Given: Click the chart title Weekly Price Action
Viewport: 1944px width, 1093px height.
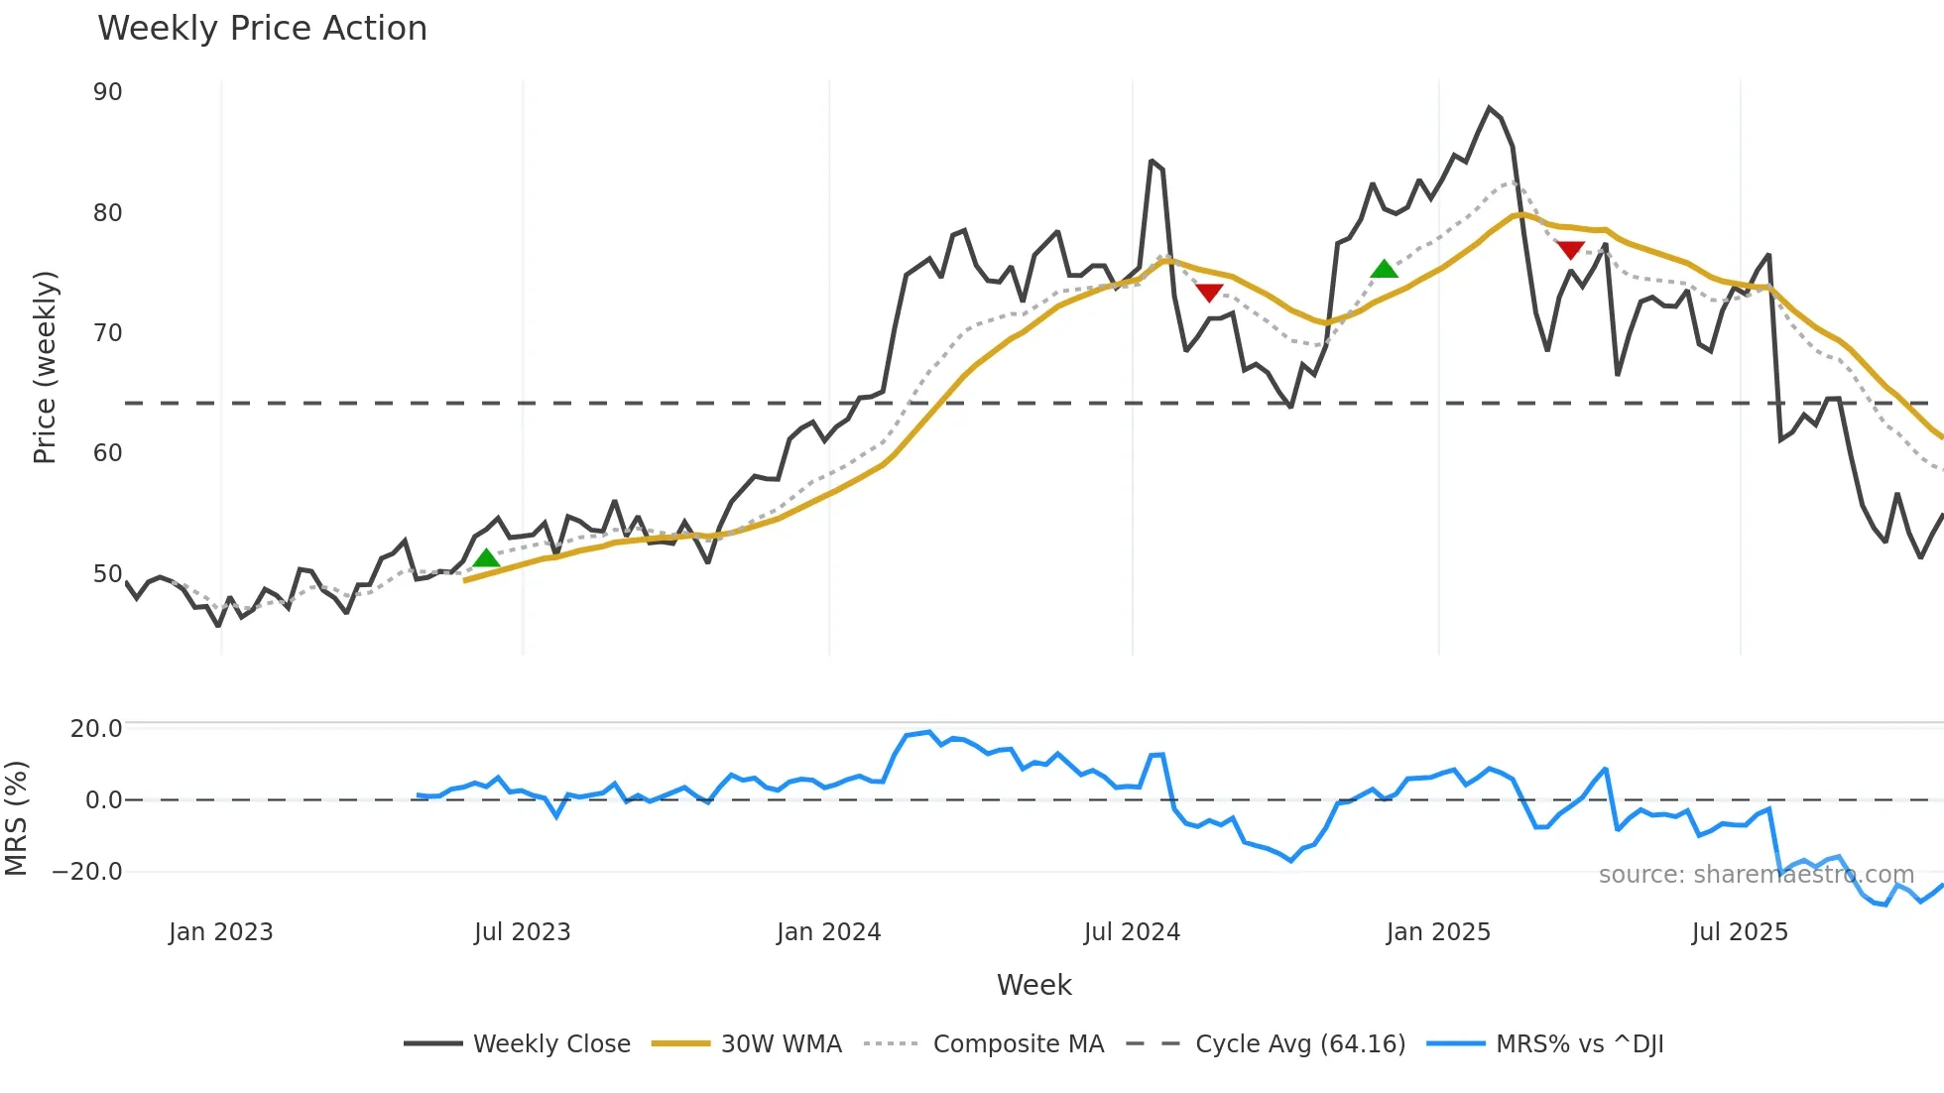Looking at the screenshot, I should pyautogui.click(x=262, y=29).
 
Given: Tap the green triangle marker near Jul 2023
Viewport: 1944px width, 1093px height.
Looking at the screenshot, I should pyautogui.click(x=486, y=558).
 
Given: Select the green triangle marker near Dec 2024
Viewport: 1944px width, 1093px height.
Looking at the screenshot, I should pyautogui.click(x=1384, y=269).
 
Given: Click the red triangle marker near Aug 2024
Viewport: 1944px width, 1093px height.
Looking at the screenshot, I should pyautogui.click(x=1209, y=293).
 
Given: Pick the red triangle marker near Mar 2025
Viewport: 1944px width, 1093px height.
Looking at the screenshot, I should pyautogui.click(x=1570, y=250).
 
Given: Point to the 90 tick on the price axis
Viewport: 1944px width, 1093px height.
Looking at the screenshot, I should pyautogui.click(x=107, y=92).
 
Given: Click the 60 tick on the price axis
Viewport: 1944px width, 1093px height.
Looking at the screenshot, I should pyautogui.click(x=107, y=453).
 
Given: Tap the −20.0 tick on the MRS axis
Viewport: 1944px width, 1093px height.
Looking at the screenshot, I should pyautogui.click(x=87, y=872).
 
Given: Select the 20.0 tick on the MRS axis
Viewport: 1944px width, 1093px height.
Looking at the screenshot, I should pyautogui.click(x=96, y=729).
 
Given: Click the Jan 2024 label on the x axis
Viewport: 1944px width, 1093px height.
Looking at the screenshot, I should pyautogui.click(x=828, y=932).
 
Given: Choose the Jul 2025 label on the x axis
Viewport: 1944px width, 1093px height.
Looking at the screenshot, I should pyautogui.click(x=1740, y=932).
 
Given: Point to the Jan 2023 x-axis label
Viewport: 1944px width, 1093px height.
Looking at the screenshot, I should pyautogui.click(x=220, y=932).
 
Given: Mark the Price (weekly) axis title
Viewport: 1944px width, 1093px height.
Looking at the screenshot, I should pyautogui.click(x=45, y=367).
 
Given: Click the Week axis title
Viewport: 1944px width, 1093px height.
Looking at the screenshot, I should pyautogui.click(x=1033, y=985).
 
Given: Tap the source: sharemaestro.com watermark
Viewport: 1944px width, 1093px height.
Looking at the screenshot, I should pyautogui.click(x=1756, y=875).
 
